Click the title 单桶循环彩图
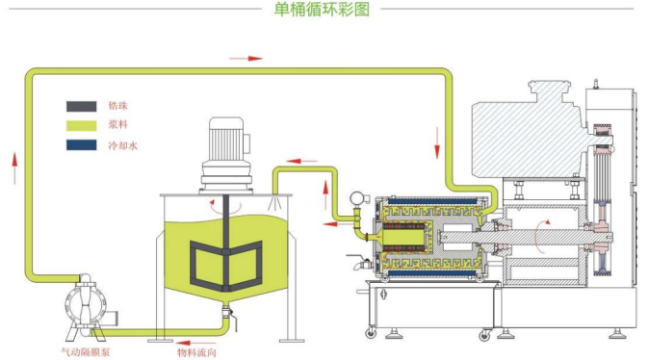(322, 9)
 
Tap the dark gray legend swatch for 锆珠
(82, 106)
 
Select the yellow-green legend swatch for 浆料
(82, 125)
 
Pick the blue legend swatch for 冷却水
(82, 144)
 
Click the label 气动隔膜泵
(86, 352)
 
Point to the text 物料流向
(196, 352)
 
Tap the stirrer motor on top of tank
(226, 156)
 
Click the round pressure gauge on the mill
(356, 198)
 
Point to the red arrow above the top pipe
(246, 59)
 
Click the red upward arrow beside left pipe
(14, 167)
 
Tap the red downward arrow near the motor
(437, 142)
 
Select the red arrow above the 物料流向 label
(195, 343)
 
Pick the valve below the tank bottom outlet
(228, 315)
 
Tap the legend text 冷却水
(122, 145)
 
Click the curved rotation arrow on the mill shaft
(540, 237)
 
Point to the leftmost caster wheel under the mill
(371, 332)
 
